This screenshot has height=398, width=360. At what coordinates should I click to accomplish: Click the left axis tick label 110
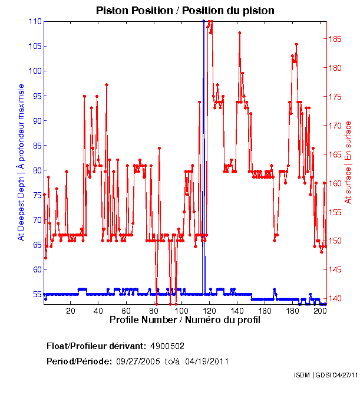[35, 21]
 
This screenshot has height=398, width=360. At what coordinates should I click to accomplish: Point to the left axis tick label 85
[37, 145]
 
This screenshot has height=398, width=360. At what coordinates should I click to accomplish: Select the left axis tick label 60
[37, 269]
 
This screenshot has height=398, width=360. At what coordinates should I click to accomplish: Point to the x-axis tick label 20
[71, 310]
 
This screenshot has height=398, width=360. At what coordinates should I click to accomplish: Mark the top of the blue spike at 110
[203, 21]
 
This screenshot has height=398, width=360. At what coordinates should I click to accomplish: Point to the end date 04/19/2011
[207, 361]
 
